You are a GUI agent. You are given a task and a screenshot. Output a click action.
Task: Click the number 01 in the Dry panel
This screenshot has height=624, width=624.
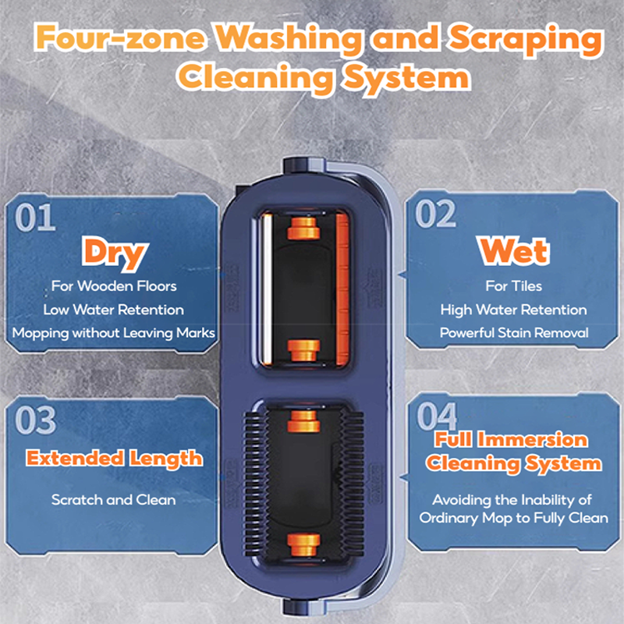35,217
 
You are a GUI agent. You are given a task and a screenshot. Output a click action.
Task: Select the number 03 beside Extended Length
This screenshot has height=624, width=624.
35,420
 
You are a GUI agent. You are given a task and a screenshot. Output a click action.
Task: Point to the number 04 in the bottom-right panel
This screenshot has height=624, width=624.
437,416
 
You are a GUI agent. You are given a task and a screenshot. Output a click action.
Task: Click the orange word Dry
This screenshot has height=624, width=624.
115,253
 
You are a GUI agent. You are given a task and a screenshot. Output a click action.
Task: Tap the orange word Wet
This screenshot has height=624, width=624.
514,251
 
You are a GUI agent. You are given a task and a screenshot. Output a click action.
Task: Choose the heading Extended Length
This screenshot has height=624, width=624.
115,459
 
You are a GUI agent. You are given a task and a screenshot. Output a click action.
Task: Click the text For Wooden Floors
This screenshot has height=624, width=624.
114,286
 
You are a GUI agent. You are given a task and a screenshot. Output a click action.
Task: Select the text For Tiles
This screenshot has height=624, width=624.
514,286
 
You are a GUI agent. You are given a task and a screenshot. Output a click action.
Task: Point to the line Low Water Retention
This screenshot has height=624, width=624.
113,310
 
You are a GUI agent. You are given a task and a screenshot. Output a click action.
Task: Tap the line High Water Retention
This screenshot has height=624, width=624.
513,310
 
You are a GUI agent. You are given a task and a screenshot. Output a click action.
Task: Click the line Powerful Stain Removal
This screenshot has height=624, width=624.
514,333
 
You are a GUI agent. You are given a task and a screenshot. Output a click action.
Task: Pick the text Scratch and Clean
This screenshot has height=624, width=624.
113,500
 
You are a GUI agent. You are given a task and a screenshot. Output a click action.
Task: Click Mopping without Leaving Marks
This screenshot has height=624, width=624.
113,333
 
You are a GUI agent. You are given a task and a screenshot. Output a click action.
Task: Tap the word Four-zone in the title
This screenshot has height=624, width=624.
120,37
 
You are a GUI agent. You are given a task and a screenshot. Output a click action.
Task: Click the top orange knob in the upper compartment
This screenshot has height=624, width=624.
303,229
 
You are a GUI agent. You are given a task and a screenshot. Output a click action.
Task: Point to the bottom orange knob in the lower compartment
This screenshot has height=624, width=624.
303,544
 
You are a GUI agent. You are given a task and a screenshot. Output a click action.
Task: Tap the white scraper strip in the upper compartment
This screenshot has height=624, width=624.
266,289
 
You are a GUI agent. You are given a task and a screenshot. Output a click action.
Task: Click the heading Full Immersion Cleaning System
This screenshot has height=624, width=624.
513,452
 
